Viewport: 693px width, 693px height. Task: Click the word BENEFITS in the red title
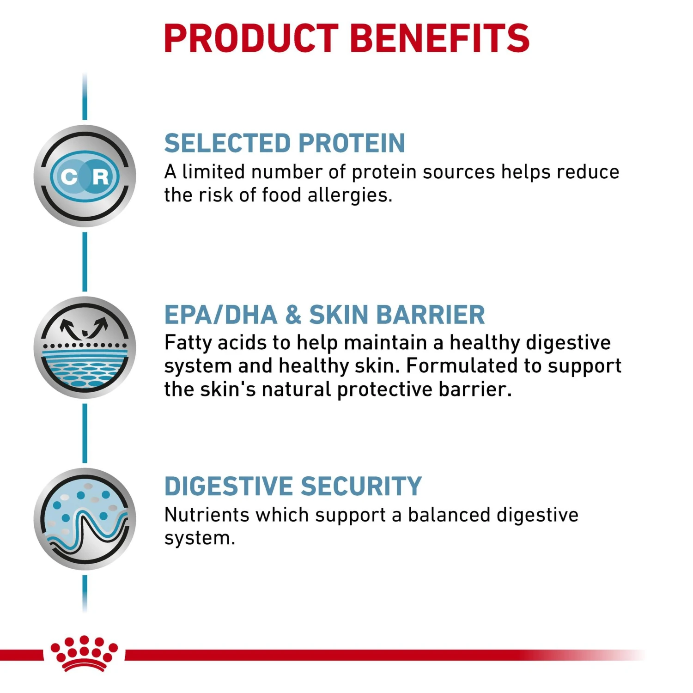coord(440,38)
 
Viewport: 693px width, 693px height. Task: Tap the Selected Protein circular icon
coord(85,176)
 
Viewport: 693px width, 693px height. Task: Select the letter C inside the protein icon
coord(69,176)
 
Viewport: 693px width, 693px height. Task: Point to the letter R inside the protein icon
coord(100,176)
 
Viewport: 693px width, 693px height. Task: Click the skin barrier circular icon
coord(85,347)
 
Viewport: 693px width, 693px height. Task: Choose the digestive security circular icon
coord(85,519)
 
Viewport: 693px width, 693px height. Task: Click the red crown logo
coord(84,653)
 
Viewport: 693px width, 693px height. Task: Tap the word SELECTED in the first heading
coord(227,143)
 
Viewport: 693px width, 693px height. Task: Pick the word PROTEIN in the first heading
coord(352,143)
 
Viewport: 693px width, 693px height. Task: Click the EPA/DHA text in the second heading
coord(221,315)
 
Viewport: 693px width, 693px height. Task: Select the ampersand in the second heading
coord(293,315)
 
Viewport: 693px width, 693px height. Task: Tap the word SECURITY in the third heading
coord(361,486)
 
